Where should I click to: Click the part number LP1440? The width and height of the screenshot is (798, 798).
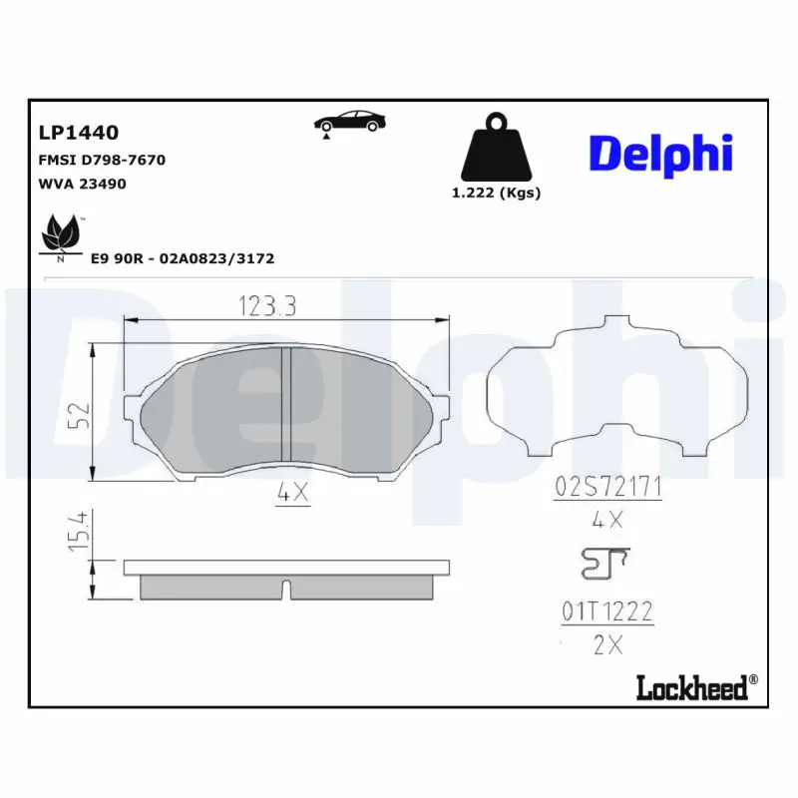79,133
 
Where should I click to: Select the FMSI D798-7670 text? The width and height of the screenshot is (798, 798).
102,160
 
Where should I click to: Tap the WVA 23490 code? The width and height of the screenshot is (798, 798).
82,184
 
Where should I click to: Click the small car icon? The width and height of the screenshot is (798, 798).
349,123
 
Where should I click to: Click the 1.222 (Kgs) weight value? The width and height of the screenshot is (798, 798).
496,193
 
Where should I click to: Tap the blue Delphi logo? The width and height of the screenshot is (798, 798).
661,155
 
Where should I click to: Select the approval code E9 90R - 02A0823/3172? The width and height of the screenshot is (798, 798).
183,258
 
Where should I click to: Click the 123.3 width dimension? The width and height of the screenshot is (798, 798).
267,306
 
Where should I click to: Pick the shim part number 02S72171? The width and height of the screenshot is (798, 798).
607,488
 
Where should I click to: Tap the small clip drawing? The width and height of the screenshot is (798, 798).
603,565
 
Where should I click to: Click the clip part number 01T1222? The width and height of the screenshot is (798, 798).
606,611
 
